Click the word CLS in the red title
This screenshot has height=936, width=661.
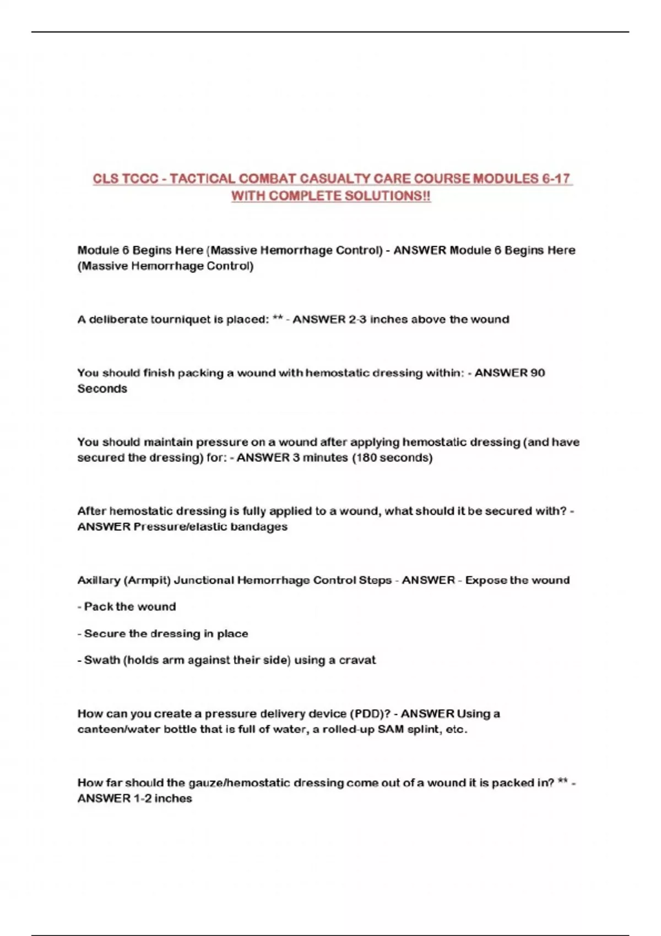(105, 179)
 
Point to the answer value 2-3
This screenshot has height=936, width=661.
(357, 319)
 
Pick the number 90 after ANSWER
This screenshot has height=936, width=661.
(537, 373)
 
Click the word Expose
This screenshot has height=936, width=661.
(485, 580)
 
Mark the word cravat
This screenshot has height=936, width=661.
(359, 660)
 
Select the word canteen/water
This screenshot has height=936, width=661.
(117, 730)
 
